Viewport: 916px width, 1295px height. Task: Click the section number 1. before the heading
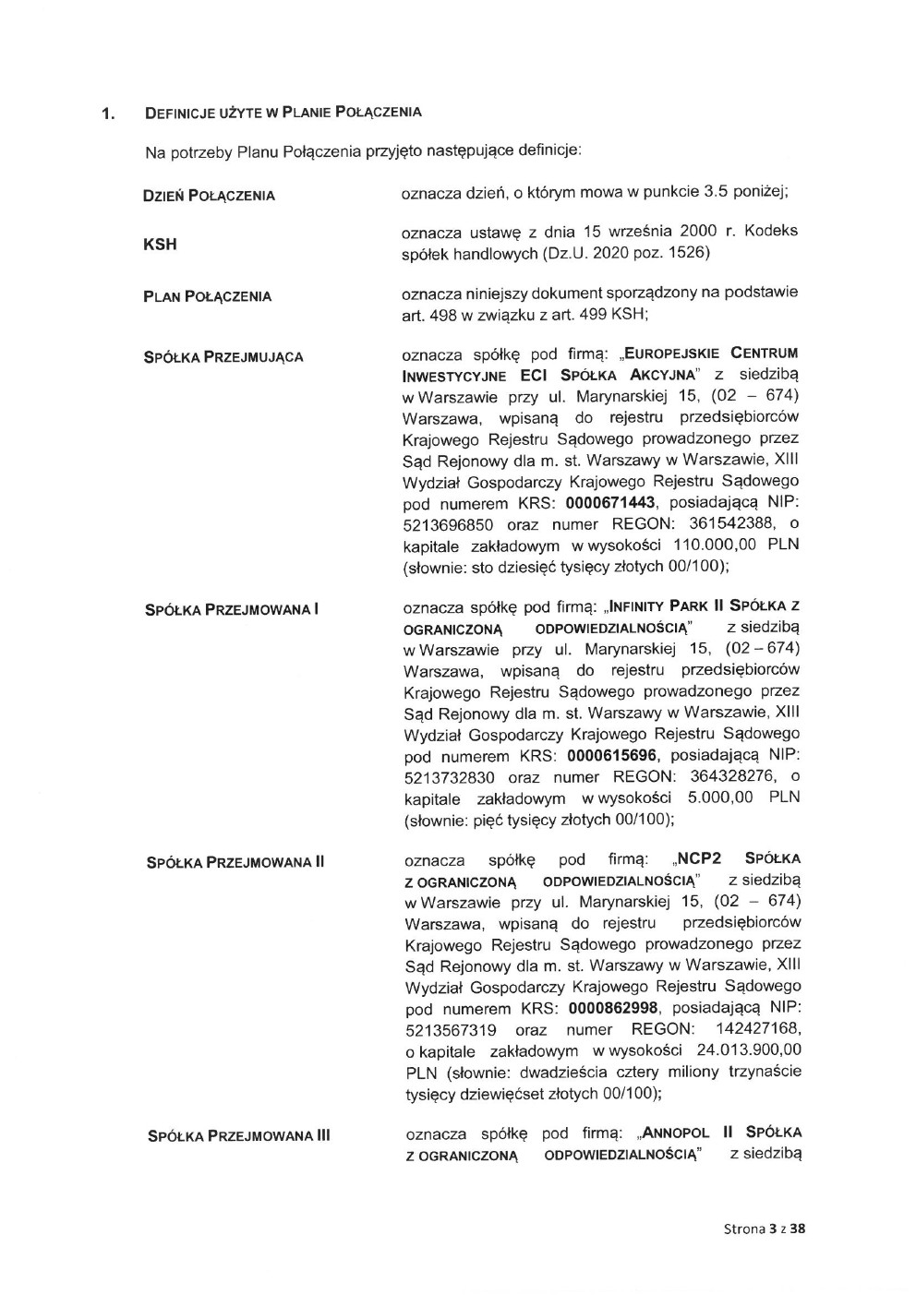tap(108, 114)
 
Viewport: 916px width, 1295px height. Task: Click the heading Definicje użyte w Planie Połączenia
tap(283, 113)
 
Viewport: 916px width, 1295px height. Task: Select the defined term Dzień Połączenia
tap(209, 196)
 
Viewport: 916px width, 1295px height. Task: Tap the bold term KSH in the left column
tap(160, 245)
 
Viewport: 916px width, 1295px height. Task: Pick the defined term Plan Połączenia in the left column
tap(207, 296)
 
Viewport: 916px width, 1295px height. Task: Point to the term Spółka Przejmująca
tap(223, 356)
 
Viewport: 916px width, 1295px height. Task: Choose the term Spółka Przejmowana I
tap(233, 609)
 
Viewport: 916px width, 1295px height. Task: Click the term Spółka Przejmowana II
tap(235, 862)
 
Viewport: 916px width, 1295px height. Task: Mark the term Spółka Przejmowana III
tap(238, 1135)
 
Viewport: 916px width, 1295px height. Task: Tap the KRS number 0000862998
tap(614, 1009)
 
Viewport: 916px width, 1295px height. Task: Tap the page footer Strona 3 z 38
tap(765, 1229)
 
